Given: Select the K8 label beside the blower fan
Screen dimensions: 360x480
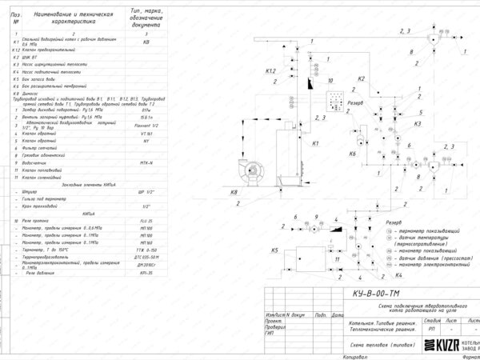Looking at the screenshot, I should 234,193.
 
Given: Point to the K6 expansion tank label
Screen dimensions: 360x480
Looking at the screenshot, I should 352,152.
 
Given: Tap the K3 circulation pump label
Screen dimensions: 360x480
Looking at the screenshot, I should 418,124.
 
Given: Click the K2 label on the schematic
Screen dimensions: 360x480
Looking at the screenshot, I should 362,78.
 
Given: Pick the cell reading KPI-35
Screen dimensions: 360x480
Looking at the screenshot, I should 146,273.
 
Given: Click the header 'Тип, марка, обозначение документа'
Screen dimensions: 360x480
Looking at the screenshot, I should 146,18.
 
